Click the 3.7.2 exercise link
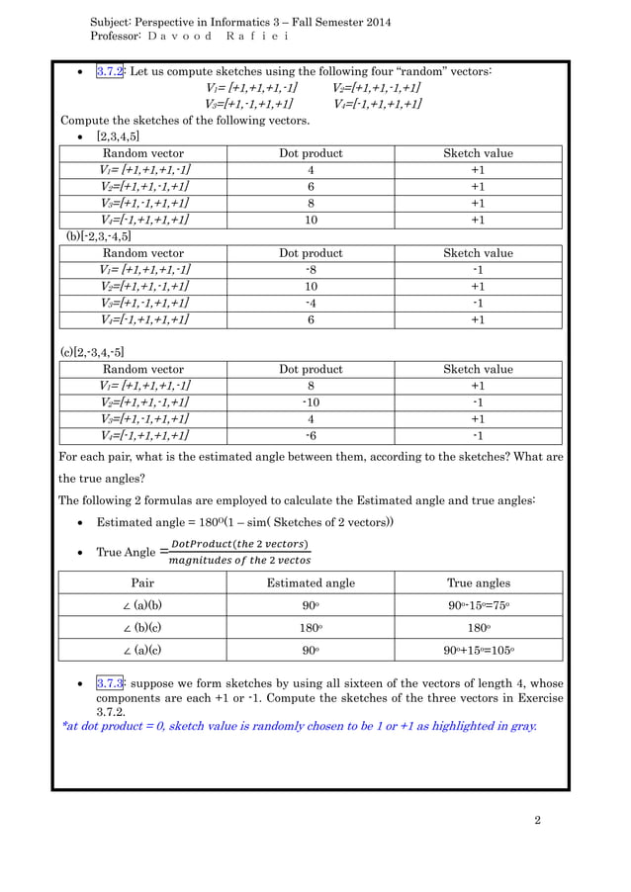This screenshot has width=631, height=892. tap(109, 71)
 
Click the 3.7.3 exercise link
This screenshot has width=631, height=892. tap(109, 683)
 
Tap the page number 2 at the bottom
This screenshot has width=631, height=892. tap(537, 820)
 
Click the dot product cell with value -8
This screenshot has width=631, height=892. tap(311, 270)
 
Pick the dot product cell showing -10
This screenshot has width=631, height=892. tap(311, 402)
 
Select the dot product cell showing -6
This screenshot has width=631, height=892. tap(311, 435)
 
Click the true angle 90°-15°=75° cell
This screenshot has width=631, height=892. tap(479, 605)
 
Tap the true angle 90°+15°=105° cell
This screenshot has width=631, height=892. tap(479, 651)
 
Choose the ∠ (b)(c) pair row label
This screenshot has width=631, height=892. tap(142, 628)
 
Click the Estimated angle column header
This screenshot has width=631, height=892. tap(311, 582)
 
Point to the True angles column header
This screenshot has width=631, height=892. tap(479, 582)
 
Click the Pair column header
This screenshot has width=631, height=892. tap(142, 582)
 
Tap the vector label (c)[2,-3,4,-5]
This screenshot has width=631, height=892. tap(93, 352)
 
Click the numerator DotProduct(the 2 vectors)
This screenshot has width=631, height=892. tap(239, 544)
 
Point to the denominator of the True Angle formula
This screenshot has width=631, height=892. tap(239, 561)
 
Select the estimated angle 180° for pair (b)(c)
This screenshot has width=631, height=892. tap(311, 628)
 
